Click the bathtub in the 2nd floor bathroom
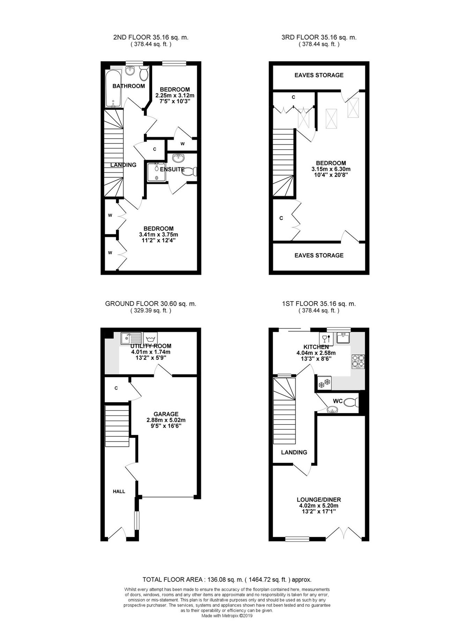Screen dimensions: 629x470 [x=113, y=88]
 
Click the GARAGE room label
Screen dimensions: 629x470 [x=166, y=414]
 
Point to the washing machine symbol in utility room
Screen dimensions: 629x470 [x=150, y=338]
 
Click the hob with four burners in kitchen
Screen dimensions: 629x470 [x=358, y=362]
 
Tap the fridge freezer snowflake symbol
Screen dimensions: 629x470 [x=324, y=383]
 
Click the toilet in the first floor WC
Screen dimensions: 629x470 [x=351, y=403]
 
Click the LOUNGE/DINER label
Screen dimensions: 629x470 [x=318, y=500]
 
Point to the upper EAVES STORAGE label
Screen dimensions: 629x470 [x=319, y=75]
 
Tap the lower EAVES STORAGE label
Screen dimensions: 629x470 [x=319, y=255]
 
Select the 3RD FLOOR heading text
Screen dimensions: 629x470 [x=319, y=37]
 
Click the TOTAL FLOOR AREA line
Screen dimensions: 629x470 [x=227, y=580]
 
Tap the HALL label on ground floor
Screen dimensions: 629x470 [x=119, y=491]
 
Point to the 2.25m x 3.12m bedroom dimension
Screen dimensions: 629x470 [x=175, y=95]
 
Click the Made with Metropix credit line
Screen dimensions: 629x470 [x=227, y=616]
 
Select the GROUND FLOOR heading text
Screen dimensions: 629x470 [x=150, y=304]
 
